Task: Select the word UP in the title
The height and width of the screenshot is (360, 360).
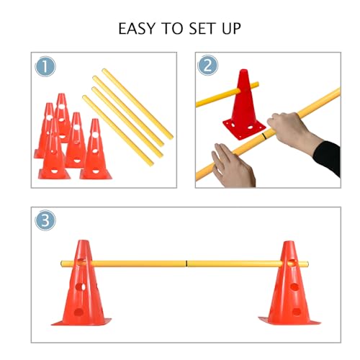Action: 229,30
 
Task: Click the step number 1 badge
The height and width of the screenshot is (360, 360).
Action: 45,66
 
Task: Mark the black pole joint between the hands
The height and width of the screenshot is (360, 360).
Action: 266,135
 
